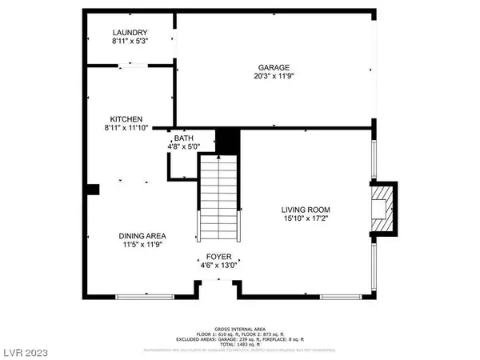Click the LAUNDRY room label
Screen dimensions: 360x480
click(129, 32)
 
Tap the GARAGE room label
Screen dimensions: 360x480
click(273, 68)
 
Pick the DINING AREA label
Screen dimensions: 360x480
click(142, 235)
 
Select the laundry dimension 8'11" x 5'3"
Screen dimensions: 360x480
click(129, 42)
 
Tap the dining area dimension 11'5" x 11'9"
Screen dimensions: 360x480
click(142, 245)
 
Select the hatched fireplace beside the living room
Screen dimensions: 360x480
click(385, 207)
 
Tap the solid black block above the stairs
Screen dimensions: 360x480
click(229, 142)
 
